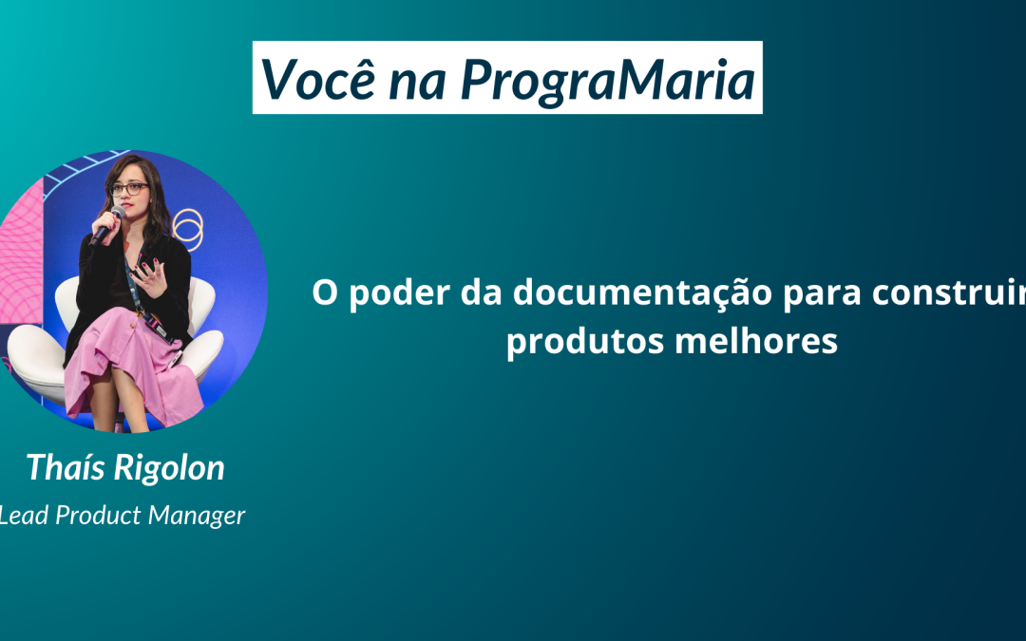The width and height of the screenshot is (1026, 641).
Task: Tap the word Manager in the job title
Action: click(197, 517)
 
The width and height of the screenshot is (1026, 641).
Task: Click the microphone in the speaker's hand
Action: click(108, 224)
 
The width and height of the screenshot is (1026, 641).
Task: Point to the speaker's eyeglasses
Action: click(129, 189)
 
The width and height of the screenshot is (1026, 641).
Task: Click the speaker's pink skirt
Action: click(131, 367)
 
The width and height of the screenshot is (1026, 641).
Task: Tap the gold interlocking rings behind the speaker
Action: click(188, 229)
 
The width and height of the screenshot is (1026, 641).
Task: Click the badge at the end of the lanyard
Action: click(160, 328)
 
